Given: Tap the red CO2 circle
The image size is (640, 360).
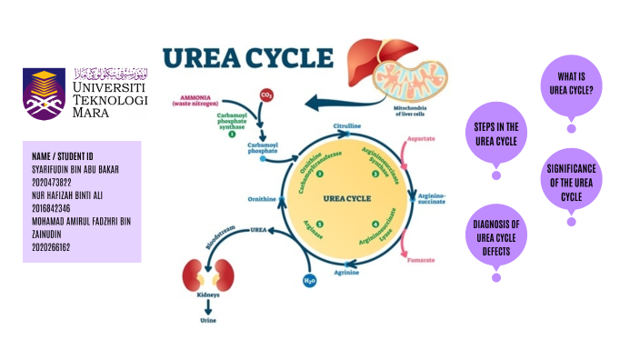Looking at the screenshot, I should pos(266,95).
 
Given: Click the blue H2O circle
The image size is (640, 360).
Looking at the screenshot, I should pos(309,280).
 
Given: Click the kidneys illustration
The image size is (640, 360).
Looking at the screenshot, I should pos(206,275).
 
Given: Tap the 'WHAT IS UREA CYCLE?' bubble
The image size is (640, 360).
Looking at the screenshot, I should pos(571,83).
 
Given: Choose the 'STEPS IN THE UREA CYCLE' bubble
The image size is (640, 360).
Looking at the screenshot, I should pos(496,133).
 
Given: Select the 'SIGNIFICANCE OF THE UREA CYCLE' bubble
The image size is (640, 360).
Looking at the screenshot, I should pos(571,183).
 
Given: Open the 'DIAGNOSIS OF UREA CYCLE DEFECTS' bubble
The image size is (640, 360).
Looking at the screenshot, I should pos(495,237).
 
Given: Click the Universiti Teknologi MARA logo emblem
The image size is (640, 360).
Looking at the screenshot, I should pos(45,93).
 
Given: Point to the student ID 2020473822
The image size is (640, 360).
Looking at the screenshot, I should pos(52,182).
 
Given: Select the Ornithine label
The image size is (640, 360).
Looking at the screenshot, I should pos(262,198).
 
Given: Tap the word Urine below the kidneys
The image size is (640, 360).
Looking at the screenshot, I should pos(207,321).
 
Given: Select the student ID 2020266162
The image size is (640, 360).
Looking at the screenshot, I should pos(52,246).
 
